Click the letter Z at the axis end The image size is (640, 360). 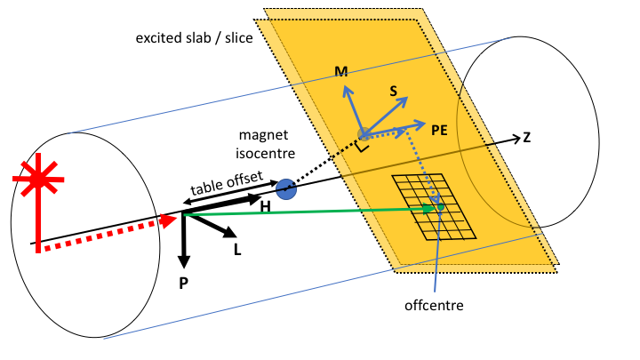pyautogui.click(x=527, y=137)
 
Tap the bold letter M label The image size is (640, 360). pyautogui.click(x=340, y=71)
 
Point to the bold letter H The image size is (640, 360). pyautogui.click(x=266, y=206)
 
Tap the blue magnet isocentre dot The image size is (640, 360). pyautogui.click(x=285, y=188)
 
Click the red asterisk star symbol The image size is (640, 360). pyautogui.click(x=38, y=181)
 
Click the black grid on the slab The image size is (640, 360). pyautogui.click(x=433, y=206)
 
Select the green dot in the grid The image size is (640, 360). pyautogui.click(x=440, y=207)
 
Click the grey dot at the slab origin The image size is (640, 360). pyautogui.click(x=364, y=134)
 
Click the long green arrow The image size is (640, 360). pyautogui.click(x=311, y=211)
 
